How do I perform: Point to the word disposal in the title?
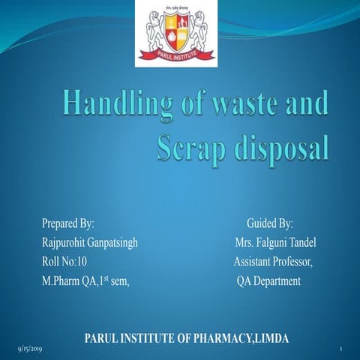pyautogui.click(x=286, y=146)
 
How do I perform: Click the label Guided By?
pyautogui.click(x=270, y=223)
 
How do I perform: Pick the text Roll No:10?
pyautogui.click(x=64, y=262)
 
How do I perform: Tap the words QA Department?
pyautogui.click(x=268, y=281)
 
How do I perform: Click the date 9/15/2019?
pyautogui.click(x=30, y=349)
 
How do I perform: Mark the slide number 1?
pyautogui.click(x=340, y=349)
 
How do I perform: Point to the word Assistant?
pyautogui.click(x=254, y=262)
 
